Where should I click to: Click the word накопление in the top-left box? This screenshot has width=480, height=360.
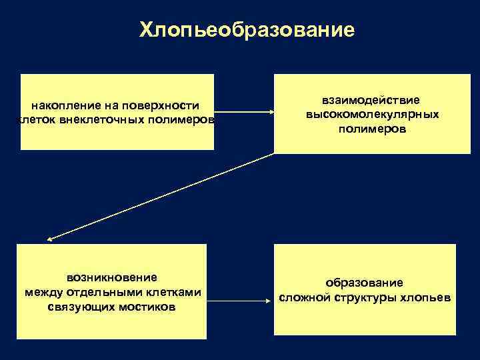coord(61,105)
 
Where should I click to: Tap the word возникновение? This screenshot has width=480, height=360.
coord(111,277)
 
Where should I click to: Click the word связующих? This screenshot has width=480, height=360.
coord(82,307)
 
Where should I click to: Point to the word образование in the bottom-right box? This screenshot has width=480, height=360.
coord(363,283)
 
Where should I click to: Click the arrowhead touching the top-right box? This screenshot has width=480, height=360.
coord(271,113)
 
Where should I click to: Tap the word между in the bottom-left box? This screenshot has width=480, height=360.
coord(41,292)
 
